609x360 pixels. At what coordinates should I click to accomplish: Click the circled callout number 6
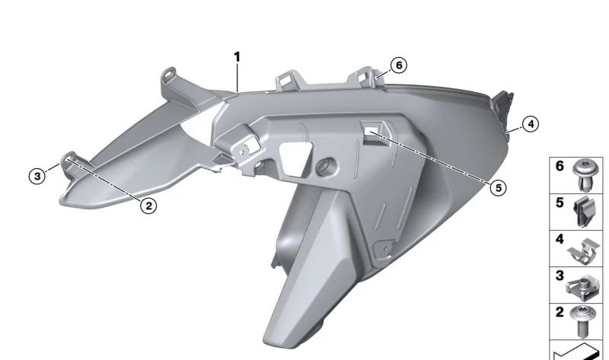coord(399,65)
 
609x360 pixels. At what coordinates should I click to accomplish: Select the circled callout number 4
coord(531,124)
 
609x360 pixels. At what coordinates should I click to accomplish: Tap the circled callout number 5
coord(499,188)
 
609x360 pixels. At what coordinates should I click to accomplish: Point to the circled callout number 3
coord(37,177)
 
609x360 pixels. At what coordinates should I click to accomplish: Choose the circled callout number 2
coord(148,205)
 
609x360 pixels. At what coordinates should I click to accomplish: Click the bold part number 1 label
coord(237,58)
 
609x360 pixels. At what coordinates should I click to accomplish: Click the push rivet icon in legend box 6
coord(586,175)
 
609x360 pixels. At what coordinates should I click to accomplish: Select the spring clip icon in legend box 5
coord(585,212)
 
